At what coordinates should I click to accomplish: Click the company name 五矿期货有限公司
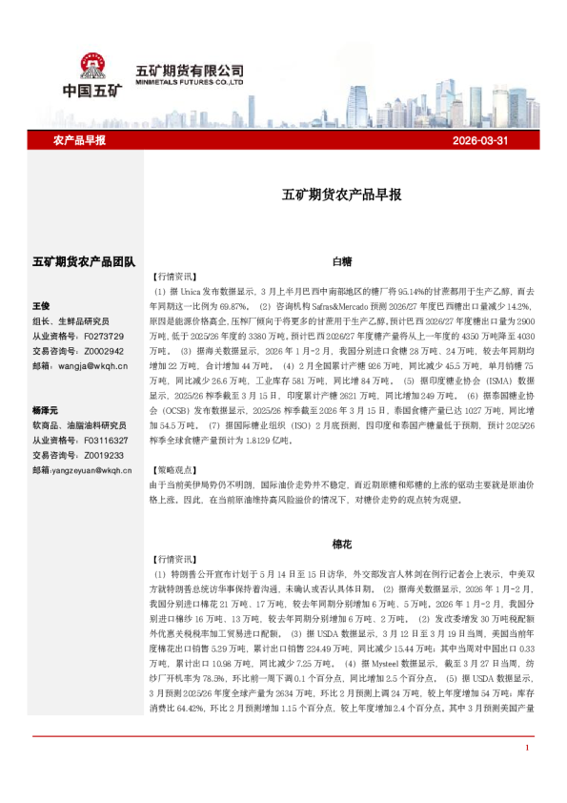point(191,70)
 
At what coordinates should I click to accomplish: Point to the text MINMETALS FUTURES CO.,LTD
point(191,82)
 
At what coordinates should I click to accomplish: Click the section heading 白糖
point(342,260)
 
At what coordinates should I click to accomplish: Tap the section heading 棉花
point(342,544)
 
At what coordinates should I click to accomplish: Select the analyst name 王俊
point(41,306)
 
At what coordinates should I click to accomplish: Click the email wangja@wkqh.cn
point(91,365)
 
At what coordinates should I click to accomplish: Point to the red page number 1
point(526,773)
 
